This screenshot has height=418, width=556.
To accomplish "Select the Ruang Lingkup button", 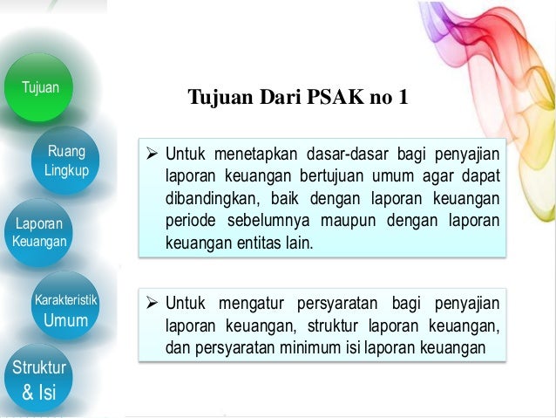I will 66,161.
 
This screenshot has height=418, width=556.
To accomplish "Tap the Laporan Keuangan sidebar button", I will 39,231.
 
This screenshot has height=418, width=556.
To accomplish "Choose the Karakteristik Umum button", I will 66,311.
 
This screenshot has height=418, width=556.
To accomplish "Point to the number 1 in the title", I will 402,97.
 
